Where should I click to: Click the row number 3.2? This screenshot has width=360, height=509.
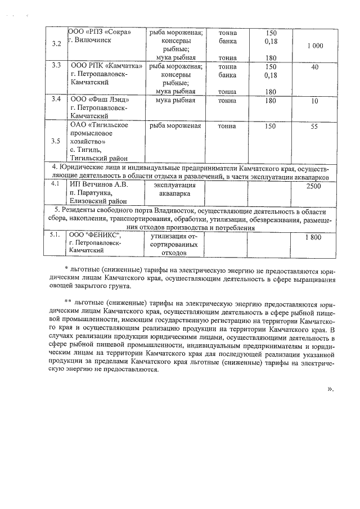click(56, 44)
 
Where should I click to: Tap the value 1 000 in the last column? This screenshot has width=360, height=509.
click(314, 45)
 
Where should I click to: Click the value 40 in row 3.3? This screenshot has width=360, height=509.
click(314, 67)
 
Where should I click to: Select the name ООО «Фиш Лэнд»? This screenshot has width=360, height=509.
click(98, 101)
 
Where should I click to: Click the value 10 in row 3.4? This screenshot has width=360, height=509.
click(314, 101)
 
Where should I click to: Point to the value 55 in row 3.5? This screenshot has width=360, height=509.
click(314, 127)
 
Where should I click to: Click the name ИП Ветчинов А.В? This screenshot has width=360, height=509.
click(99, 184)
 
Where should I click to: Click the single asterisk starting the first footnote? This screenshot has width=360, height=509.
click(66, 268)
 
